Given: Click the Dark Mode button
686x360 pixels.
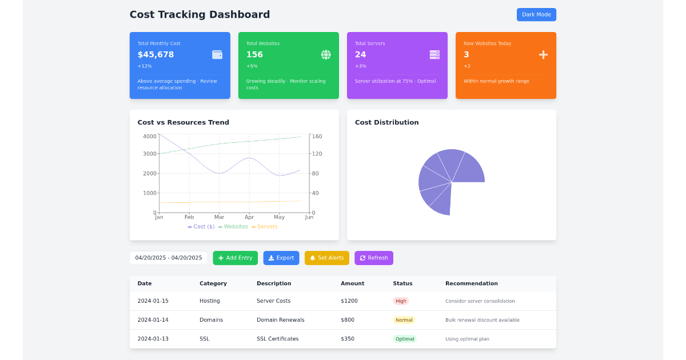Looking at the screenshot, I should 536,15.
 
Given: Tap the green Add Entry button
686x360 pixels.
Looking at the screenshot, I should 235,258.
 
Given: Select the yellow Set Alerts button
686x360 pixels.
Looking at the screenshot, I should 326,258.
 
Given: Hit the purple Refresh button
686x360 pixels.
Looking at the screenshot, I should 373,258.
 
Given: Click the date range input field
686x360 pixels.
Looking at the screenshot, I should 169,258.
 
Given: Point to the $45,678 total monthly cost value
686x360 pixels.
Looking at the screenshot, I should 155,55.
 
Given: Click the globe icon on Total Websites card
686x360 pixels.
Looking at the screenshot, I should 326,55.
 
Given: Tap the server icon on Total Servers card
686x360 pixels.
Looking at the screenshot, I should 434,55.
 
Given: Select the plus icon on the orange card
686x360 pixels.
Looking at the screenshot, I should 543,55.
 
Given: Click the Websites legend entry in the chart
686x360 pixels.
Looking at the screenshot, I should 233,227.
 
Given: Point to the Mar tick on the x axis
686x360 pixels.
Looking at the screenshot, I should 219,217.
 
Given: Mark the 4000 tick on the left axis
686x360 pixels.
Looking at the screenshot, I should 150,137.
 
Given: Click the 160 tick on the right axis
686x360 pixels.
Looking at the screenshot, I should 317,137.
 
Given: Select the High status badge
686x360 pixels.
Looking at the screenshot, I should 401,301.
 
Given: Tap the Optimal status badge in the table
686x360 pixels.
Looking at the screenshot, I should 404,339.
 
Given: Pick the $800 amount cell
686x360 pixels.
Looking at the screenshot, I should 348,320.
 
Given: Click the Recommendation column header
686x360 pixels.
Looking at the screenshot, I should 471,283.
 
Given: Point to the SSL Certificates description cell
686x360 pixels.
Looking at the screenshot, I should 277,339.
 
